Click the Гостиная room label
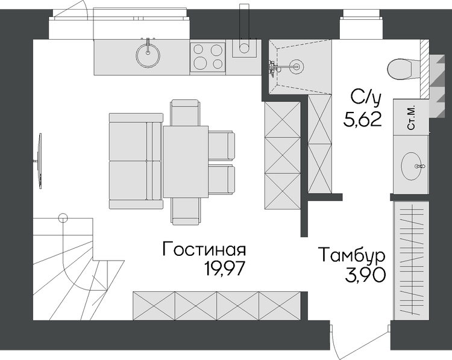(x=204, y=249)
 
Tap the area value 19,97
(x=225, y=268)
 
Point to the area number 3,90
(x=365, y=275)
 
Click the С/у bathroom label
(x=366, y=97)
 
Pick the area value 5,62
(x=363, y=119)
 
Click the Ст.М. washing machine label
(x=411, y=117)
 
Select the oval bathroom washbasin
(x=412, y=166)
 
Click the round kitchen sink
(x=148, y=55)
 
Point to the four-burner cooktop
(x=207, y=57)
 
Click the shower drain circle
(x=297, y=66)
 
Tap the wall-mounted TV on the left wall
(x=40, y=161)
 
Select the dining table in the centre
(x=186, y=161)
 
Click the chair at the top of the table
(x=186, y=113)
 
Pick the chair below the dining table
(x=186, y=211)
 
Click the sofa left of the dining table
(x=136, y=161)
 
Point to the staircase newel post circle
(x=63, y=219)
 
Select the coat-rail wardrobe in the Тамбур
(x=412, y=260)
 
